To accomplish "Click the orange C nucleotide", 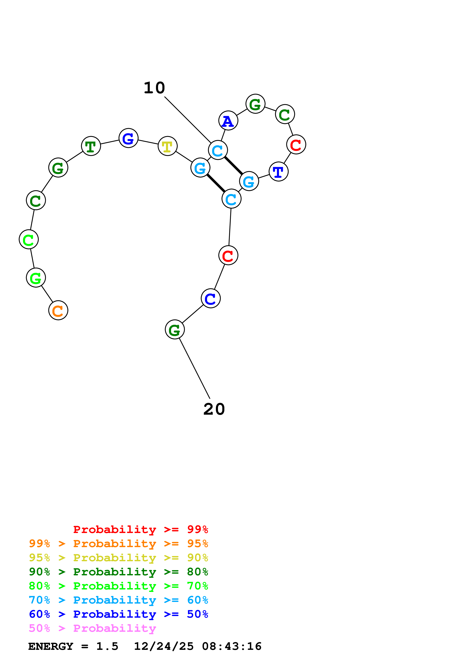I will (x=58, y=310).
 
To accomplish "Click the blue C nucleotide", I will (x=211, y=298).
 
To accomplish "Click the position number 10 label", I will (x=154, y=88).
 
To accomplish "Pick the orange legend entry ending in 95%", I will (x=118, y=544).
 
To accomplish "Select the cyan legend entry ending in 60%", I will (x=118, y=600).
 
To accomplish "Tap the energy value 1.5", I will (x=107, y=646).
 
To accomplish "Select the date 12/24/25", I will (x=164, y=646).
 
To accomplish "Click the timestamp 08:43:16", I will (x=232, y=646).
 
